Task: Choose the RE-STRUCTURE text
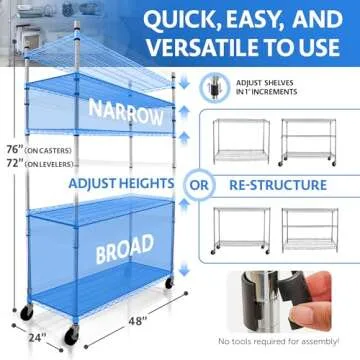coord(279,184)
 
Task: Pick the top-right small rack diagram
coord(311,140)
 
